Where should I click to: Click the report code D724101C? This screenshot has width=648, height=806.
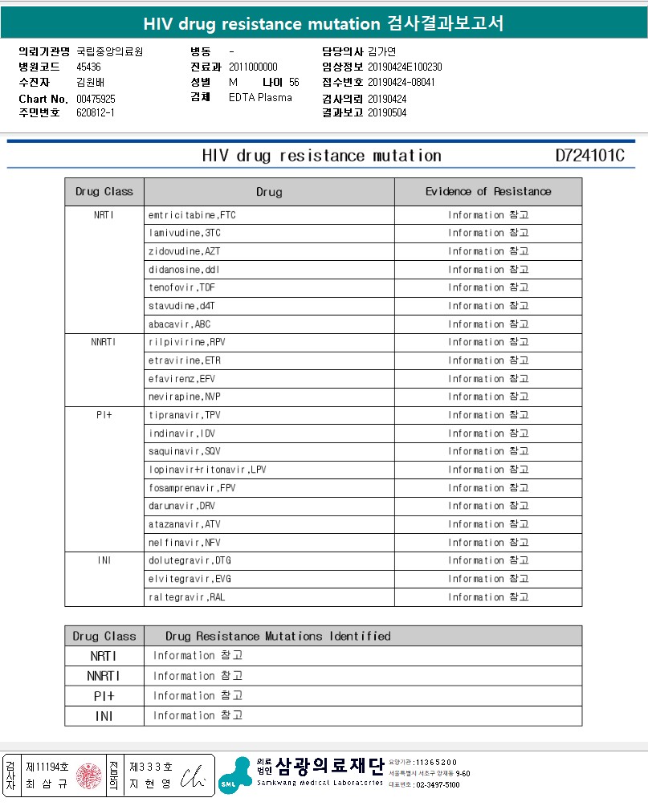589,156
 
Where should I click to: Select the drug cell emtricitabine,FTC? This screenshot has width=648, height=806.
192,215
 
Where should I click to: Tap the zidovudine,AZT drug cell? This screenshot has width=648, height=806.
184,251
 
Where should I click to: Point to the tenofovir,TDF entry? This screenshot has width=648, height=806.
181,287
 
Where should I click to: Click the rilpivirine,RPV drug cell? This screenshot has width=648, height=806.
187,342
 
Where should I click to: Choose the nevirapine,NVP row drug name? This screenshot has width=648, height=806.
184,397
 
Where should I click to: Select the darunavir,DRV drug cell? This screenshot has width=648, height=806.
181,506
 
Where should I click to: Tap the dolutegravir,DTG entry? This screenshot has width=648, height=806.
190,560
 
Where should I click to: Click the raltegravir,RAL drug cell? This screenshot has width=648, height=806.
186,597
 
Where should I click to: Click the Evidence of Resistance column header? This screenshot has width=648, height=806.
488,192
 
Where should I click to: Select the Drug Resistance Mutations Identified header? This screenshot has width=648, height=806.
278,637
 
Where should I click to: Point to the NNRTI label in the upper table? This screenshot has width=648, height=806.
104,342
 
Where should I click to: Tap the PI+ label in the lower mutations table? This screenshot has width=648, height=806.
104,696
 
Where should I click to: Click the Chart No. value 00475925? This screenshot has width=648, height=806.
96,99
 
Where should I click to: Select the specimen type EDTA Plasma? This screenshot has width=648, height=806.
260,98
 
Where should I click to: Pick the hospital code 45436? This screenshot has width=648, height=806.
88,67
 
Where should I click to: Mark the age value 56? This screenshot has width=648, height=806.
294,83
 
